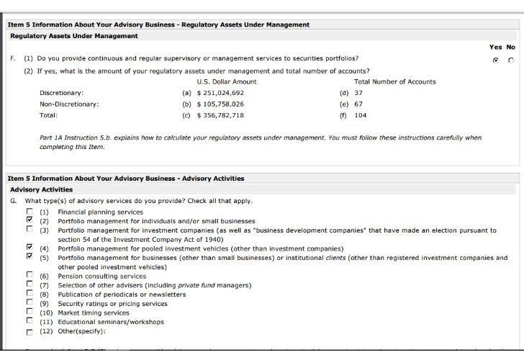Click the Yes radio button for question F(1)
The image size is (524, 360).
tap(496, 60)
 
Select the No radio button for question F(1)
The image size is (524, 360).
tap(510, 60)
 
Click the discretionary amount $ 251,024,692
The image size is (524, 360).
tap(220, 93)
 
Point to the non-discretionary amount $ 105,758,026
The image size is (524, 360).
tap(220, 104)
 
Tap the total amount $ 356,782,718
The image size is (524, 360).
tap(220, 115)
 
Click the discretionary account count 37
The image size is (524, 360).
tap(358, 93)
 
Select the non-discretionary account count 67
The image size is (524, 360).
tap(358, 104)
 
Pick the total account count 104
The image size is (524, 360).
tap(361, 115)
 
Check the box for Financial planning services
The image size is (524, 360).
tap(30, 212)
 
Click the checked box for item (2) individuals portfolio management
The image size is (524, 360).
tap(30, 221)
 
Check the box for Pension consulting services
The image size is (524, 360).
tap(30, 276)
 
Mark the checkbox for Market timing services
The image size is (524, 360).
tap(30, 312)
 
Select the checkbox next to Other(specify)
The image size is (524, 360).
tap(30, 332)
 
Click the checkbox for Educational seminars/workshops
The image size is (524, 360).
tap(30, 322)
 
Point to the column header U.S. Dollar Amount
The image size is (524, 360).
tap(227, 82)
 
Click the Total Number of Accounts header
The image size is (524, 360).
tap(394, 82)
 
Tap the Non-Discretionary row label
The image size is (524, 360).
tap(69, 104)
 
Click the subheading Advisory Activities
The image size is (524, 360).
tap(41, 190)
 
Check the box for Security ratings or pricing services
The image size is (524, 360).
tap(30, 303)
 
